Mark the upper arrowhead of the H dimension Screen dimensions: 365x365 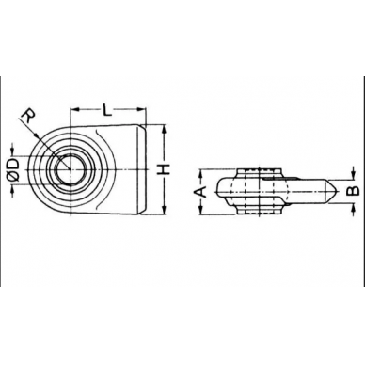162,131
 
